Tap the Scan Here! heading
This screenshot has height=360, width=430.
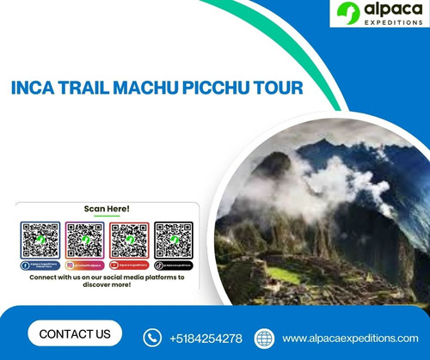click(107, 209)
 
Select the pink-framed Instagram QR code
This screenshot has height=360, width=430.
click(84, 240)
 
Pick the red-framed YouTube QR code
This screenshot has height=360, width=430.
click(130, 240)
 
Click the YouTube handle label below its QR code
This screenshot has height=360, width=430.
click(130, 266)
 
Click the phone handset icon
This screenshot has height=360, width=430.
click(153, 337)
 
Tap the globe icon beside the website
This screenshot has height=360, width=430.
click(264, 337)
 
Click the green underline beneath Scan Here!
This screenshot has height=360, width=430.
click(107, 216)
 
